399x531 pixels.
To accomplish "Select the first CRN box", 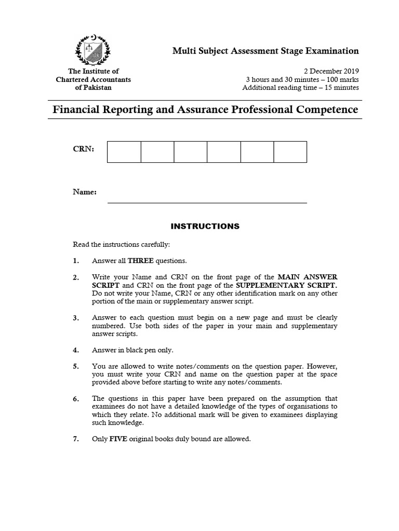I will [x=124, y=151].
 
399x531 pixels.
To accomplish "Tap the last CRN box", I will [x=290, y=151].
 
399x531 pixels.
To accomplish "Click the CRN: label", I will [x=84, y=149].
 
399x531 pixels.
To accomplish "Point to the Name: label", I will [x=85, y=192].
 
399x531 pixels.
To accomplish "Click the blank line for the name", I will [x=207, y=202].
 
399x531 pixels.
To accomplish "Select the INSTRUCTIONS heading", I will [x=205, y=226].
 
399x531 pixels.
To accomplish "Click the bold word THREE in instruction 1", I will [x=139, y=260].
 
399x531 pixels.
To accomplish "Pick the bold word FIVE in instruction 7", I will [x=118, y=439].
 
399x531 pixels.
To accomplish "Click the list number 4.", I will [x=76, y=350].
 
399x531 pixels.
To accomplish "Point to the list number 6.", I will [x=76, y=399].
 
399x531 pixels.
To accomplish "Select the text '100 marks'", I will [x=341, y=79].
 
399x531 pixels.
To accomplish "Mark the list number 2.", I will [x=76, y=277].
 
